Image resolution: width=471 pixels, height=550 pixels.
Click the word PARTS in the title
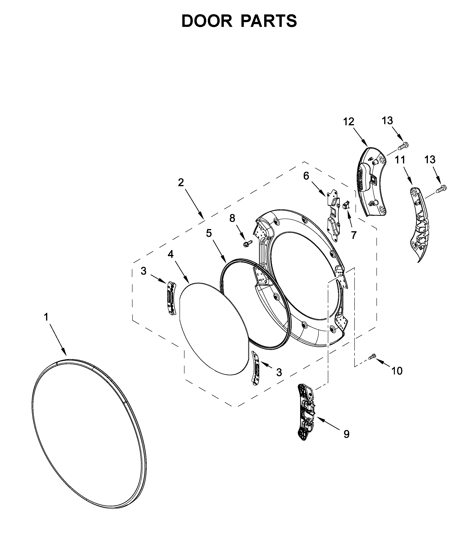pyautogui.click(x=269, y=21)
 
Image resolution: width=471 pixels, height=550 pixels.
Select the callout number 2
pyautogui.click(x=181, y=182)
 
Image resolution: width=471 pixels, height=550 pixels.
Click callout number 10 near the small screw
pyautogui.click(x=397, y=371)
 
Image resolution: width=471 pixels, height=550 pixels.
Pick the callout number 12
pyautogui.click(x=349, y=122)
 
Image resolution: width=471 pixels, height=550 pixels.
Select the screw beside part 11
pyautogui.click(x=442, y=189)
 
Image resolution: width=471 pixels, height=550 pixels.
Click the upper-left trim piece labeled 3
pyautogui.click(x=171, y=299)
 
